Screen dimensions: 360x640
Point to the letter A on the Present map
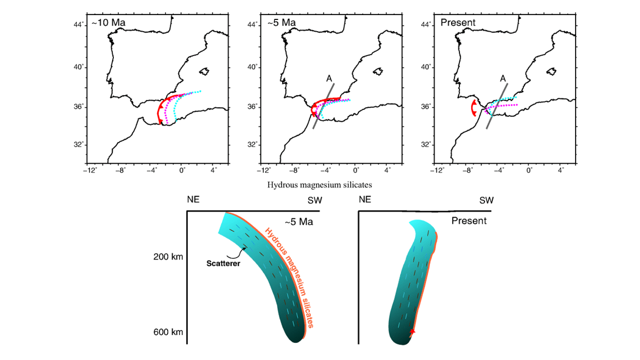click(503, 79)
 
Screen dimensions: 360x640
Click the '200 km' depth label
click(168, 257)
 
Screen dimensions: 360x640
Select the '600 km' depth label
click(168, 332)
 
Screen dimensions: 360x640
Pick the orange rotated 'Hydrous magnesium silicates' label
click(290, 278)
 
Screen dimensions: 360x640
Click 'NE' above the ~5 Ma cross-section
click(194, 200)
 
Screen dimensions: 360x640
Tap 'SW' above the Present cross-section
click(486, 200)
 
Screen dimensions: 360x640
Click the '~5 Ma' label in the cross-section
click(299, 222)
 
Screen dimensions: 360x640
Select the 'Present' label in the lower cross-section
click(468, 221)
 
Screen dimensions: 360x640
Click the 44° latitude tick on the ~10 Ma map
click(81, 24)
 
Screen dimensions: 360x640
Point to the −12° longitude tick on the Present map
click(438, 170)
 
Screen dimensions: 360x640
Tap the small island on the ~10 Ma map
click(204, 71)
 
